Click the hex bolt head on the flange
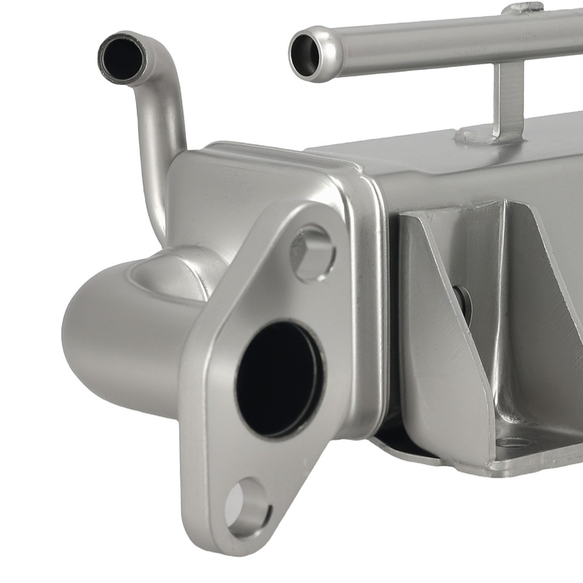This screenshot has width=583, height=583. coord(312,251)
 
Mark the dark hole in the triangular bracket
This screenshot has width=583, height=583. coord(463,301)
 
